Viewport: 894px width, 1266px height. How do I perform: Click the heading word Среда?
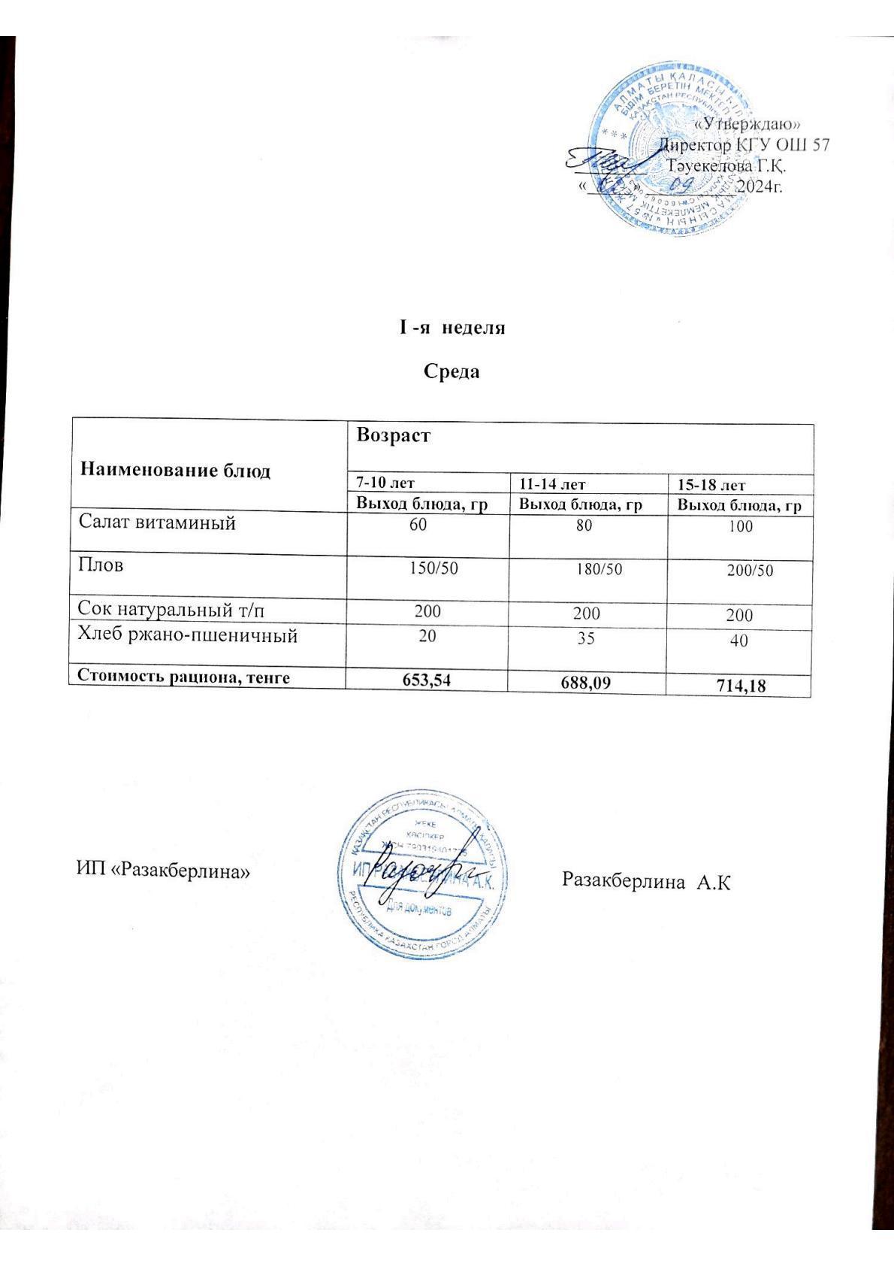click(x=452, y=371)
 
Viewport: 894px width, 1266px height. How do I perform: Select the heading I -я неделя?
click(x=452, y=329)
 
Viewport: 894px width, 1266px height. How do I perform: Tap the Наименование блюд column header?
click(x=175, y=471)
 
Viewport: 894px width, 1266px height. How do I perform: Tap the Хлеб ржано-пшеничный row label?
click(x=188, y=636)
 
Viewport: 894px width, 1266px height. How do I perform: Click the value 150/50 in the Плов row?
click(x=433, y=568)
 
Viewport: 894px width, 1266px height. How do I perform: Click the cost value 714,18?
click(x=741, y=685)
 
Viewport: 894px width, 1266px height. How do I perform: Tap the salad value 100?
click(x=740, y=527)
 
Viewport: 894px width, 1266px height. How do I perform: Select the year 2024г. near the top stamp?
click(x=760, y=186)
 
